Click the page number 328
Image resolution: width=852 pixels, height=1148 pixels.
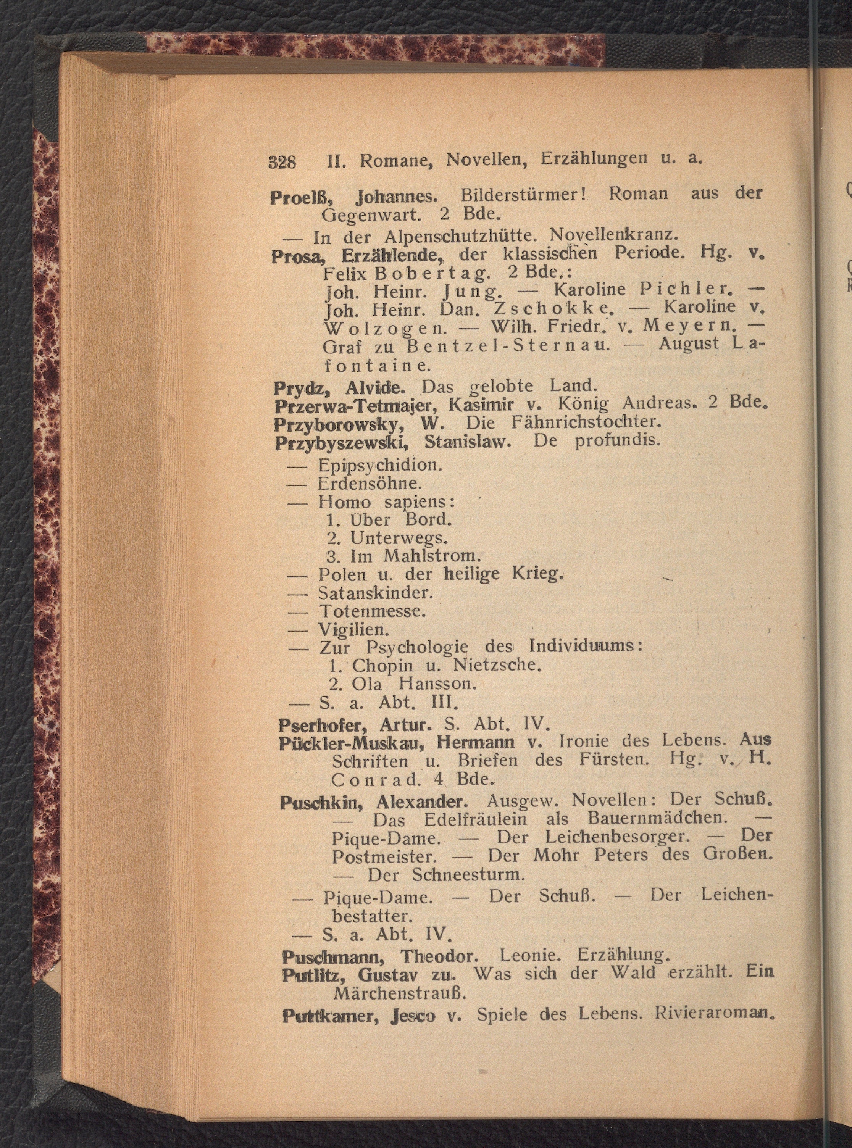pyautogui.click(x=282, y=162)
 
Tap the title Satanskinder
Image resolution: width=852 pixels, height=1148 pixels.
pyautogui.click(x=376, y=593)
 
